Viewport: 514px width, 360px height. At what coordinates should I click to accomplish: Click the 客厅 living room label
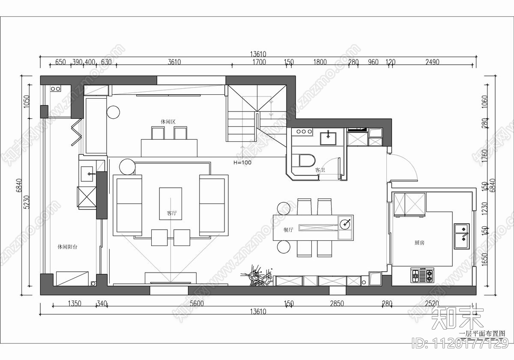(171, 213)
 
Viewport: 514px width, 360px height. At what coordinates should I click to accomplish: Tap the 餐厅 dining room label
(288, 230)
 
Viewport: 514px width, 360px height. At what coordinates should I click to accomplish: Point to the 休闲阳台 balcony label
(67, 247)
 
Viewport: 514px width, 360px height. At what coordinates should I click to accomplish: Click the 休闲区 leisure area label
(168, 122)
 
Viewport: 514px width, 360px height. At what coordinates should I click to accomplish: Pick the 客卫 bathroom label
(320, 170)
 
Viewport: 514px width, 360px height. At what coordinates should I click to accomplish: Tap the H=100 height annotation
(242, 163)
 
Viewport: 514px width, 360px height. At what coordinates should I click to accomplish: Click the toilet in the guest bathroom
(307, 159)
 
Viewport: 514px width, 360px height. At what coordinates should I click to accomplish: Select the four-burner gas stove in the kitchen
(422, 275)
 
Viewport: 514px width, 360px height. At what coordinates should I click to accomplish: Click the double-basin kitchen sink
(461, 236)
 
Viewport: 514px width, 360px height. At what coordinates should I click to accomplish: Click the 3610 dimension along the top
(174, 62)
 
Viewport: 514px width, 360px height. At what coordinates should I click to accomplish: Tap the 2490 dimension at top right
(432, 62)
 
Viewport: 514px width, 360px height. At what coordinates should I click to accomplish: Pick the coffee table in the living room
(170, 204)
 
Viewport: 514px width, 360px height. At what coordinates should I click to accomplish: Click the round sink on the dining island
(345, 223)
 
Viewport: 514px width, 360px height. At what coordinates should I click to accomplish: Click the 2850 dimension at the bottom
(336, 304)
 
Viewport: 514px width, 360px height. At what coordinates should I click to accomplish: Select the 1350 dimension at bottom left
(75, 304)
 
